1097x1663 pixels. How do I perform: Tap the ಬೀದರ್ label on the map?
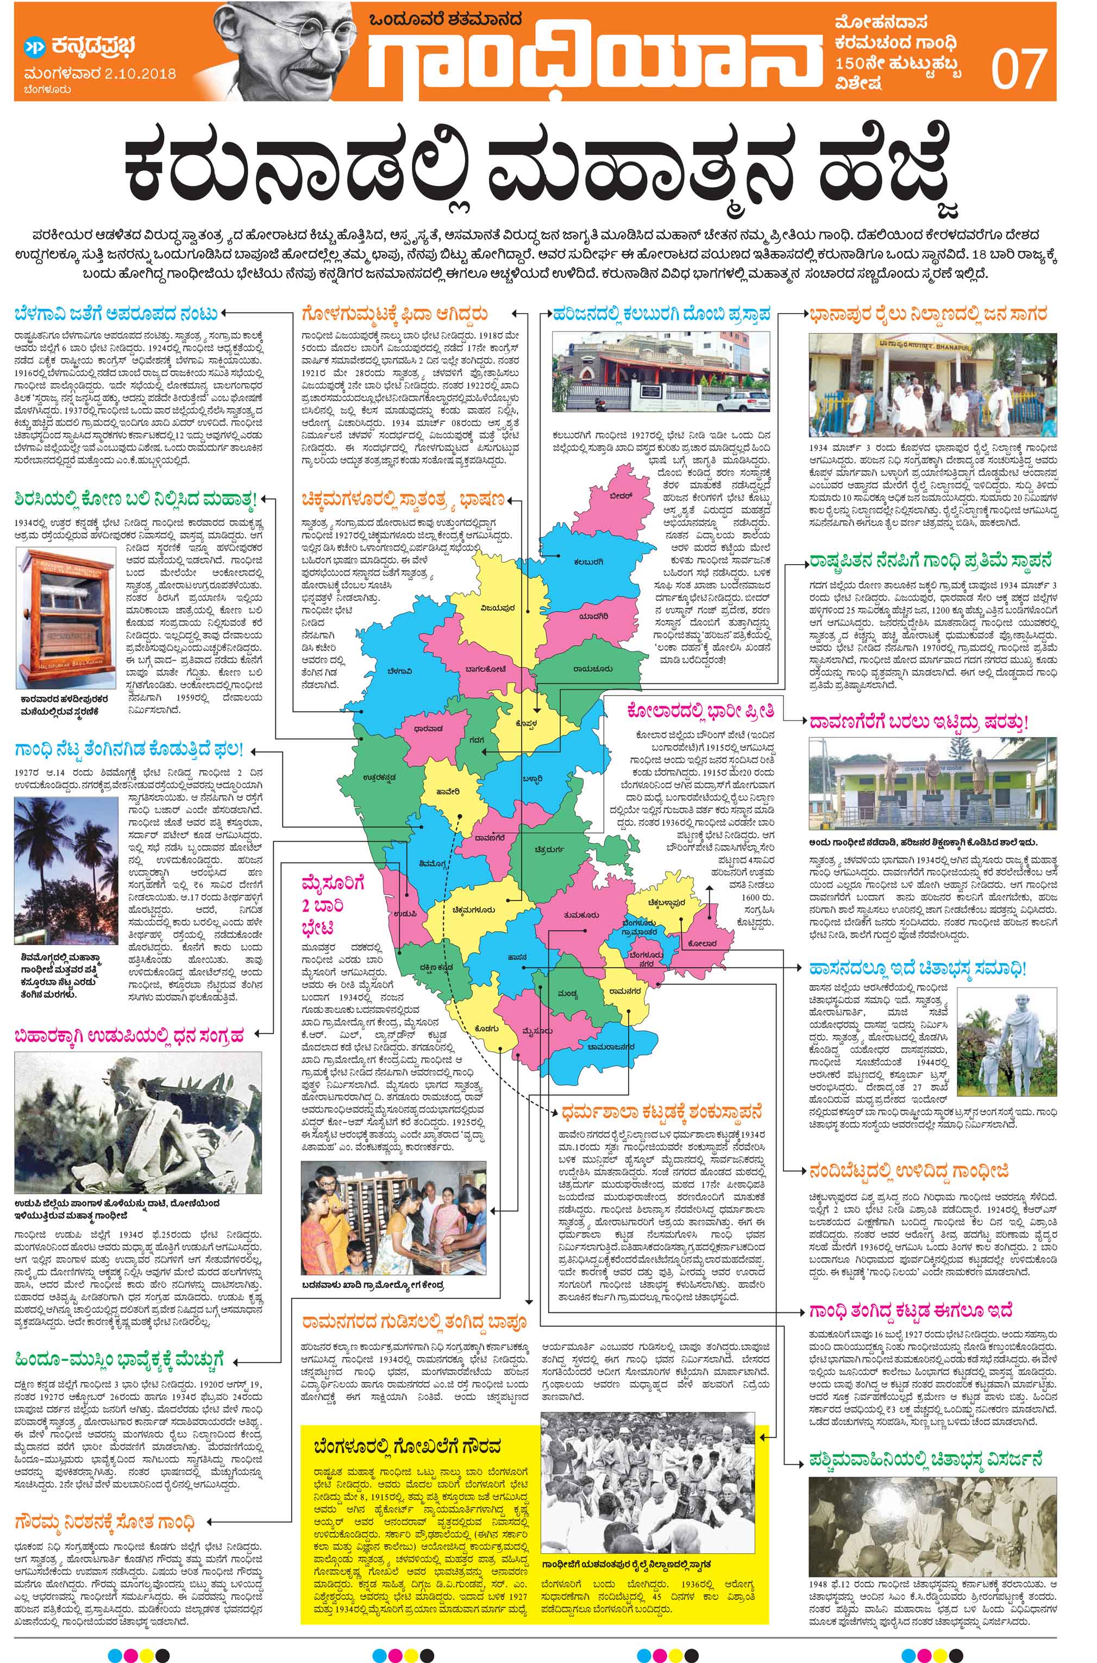(x=620, y=495)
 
